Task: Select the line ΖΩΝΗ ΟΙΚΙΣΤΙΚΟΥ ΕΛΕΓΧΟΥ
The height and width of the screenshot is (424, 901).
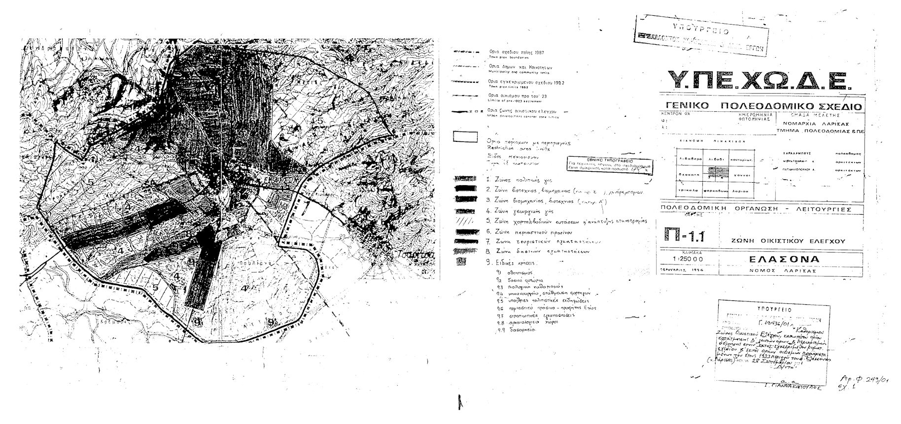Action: [789, 241]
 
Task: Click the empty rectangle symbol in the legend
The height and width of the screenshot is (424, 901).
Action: [465, 136]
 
